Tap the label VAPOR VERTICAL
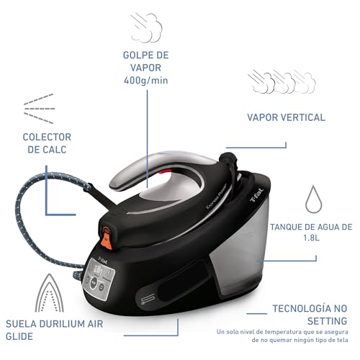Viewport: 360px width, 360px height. coord(286,117)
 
